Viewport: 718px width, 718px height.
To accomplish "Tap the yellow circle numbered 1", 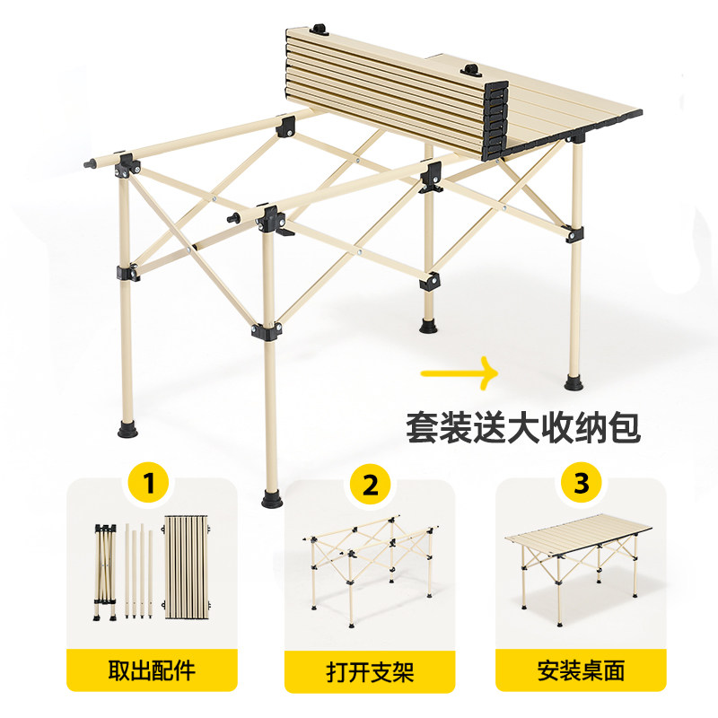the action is (x=153, y=485).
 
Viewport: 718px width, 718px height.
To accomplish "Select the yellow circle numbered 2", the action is (x=369, y=485).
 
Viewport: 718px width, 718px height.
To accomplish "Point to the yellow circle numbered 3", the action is (x=582, y=485).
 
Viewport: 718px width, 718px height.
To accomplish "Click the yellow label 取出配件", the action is (x=153, y=670).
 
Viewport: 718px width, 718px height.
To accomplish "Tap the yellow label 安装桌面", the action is (x=582, y=670).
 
